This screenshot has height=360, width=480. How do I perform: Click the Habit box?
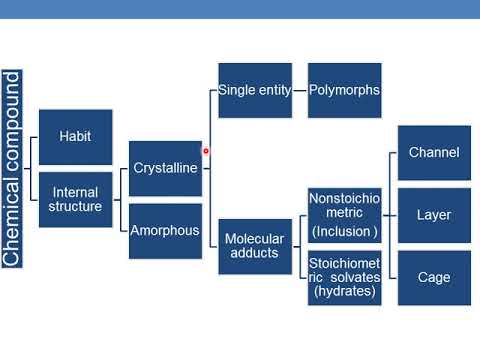coord(75,137)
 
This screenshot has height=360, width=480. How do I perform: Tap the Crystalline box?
coord(165,168)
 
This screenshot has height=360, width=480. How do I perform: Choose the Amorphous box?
coord(165,229)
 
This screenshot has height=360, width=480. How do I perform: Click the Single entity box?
coord(254,90)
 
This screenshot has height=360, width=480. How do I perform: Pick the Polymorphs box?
coord(344,90)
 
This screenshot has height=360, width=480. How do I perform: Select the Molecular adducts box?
coord(254,247)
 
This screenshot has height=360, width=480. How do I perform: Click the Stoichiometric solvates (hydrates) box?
coord(344,277)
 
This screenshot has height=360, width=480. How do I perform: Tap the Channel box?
coord(434,153)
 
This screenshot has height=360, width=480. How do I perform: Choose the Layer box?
coord(434,215)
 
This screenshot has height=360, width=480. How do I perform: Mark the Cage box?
coord(434,277)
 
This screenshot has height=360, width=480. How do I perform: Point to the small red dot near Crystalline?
coord(206,152)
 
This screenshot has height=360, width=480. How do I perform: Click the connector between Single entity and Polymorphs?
coord(300,90)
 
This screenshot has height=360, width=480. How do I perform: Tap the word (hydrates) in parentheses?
coord(344,293)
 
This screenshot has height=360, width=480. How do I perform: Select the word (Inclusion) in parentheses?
coord(344,232)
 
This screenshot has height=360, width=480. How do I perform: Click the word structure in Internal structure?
coord(76,207)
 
